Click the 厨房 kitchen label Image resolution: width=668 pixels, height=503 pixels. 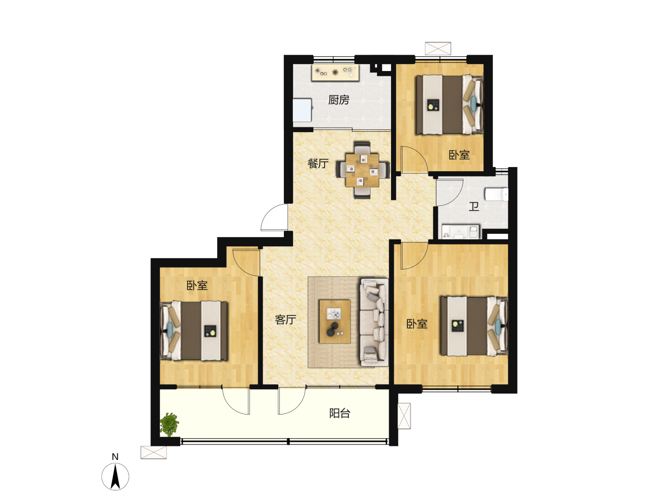(339, 100)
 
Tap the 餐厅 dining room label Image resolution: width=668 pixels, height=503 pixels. (318, 163)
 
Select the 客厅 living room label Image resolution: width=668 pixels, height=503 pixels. (285, 320)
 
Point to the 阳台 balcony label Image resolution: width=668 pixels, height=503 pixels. (340, 413)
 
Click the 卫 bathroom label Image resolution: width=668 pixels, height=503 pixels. (474, 206)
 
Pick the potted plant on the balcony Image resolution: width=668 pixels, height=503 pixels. (169, 424)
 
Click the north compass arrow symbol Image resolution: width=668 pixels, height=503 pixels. (115, 477)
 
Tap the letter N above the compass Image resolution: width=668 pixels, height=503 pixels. (115, 457)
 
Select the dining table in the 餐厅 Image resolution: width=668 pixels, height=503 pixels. (362, 170)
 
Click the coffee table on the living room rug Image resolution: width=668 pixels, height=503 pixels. (334, 322)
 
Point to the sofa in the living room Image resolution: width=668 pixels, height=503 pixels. (374, 322)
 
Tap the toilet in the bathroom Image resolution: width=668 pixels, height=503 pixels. (496, 194)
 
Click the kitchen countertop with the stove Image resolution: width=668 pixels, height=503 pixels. (335, 72)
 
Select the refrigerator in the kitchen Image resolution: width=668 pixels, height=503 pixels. (302, 110)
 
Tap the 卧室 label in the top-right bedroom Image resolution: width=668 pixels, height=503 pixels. (459, 155)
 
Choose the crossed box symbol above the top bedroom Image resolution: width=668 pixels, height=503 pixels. (438, 49)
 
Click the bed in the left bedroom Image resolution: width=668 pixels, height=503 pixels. (194, 331)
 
